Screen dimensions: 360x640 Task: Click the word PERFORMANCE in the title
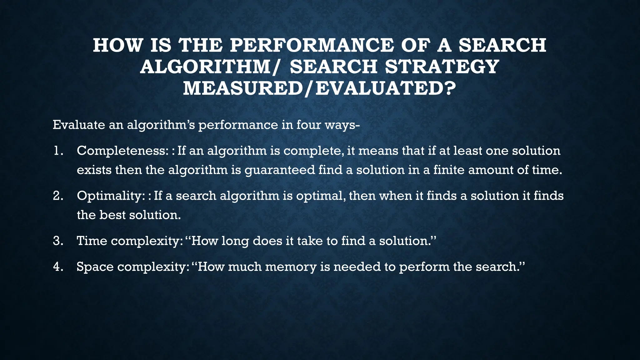click(x=311, y=45)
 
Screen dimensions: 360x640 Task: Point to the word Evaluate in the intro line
click(x=79, y=125)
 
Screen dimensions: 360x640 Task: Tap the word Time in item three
click(x=92, y=241)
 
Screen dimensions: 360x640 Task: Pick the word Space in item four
click(x=95, y=267)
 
